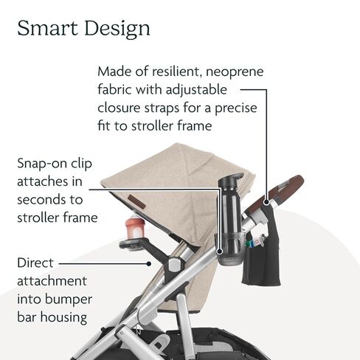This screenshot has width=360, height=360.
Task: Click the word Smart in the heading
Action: [x=47, y=28]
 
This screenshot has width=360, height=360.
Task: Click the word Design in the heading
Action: [x=117, y=30]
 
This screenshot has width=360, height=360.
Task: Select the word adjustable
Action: [x=196, y=90]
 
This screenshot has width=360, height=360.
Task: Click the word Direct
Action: [x=35, y=263]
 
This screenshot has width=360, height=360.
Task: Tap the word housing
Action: [x=63, y=318]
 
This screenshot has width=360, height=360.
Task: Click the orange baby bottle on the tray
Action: [x=134, y=226]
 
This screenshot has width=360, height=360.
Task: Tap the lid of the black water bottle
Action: [x=231, y=180]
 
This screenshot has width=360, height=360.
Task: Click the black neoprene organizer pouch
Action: [x=261, y=256]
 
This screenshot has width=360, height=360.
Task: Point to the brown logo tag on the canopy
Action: [x=136, y=201]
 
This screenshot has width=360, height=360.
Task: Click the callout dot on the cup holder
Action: [x=220, y=252]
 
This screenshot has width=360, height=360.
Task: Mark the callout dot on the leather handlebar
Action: [x=266, y=202]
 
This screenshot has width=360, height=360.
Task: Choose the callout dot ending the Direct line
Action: [x=148, y=264]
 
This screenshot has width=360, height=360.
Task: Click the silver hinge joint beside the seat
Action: [x=176, y=265]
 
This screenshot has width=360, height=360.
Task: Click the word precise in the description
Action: [x=236, y=108]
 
